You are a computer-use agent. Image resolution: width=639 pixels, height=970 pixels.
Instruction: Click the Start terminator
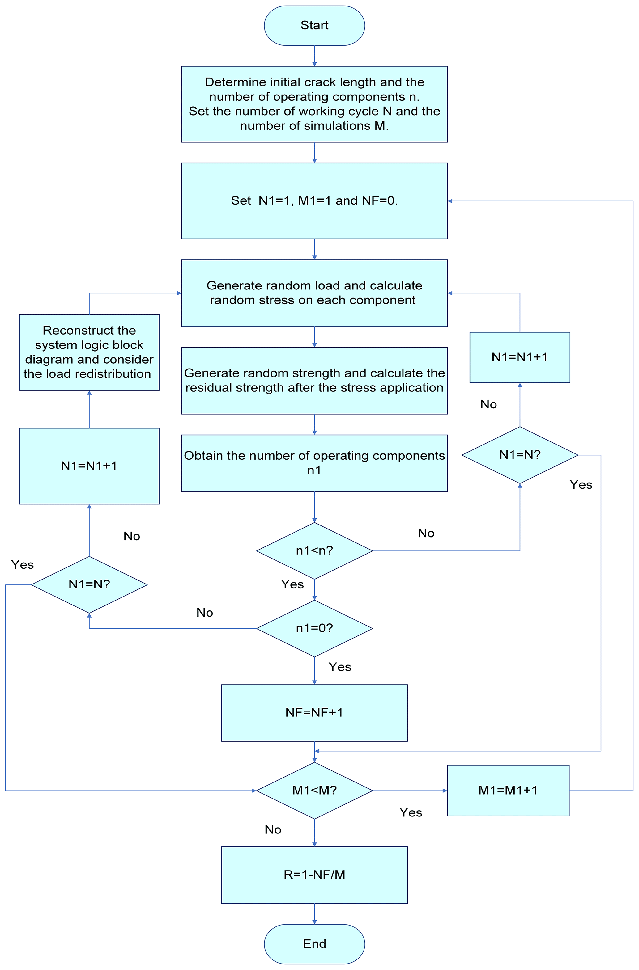click(314, 25)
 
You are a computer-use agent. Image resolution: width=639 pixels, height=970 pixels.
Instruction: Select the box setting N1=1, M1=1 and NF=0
click(314, 200)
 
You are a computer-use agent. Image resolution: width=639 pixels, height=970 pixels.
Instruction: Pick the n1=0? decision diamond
click(314, 628)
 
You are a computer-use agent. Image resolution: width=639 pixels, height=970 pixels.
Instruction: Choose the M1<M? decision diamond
click(314, 790)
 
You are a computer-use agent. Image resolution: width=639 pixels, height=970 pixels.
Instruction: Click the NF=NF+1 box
click(314, 712)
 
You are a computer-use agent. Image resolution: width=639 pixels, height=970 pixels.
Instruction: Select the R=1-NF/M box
click(314, 875)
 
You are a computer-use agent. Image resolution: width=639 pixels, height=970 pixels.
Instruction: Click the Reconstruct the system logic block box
click(89, 352)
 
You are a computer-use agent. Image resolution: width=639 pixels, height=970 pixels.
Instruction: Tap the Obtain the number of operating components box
click(314, 463)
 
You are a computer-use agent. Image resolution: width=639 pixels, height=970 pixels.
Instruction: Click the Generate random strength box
click(314, 380)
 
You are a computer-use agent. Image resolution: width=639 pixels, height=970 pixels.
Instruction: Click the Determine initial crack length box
click(314, 104)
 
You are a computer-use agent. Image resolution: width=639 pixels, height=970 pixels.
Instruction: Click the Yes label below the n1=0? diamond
click(340, 667)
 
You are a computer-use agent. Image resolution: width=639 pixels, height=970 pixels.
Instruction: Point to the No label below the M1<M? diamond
click(273, 830)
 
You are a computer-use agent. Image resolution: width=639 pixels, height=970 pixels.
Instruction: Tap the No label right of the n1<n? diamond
click(426, 533)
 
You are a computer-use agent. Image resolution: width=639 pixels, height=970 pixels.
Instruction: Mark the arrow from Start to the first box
click(314, 56)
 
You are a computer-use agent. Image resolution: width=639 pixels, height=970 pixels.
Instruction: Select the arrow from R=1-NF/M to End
click(314, 913)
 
